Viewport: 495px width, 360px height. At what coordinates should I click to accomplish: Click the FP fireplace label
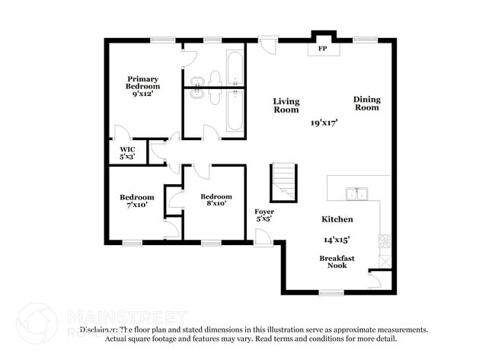323,49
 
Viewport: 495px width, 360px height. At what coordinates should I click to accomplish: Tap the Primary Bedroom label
143,83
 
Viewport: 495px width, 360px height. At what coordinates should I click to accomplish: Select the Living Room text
286,105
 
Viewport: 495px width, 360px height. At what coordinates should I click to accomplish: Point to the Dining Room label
366,103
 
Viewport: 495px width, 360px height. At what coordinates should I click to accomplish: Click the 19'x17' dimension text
324,122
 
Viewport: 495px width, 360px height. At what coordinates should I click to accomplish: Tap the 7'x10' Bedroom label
137,200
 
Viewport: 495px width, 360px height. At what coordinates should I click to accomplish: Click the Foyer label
264,215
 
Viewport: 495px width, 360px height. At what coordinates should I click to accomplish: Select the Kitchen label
337,219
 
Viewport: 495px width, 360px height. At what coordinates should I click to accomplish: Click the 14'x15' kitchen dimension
337,239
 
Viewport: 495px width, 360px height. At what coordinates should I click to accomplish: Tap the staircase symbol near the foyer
283,182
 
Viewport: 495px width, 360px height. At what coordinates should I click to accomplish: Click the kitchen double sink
356,193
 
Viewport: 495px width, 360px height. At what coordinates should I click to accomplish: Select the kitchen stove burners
385,242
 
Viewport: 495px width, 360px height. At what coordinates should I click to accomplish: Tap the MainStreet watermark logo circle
37,324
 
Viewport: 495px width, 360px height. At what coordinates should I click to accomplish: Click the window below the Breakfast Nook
331,292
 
